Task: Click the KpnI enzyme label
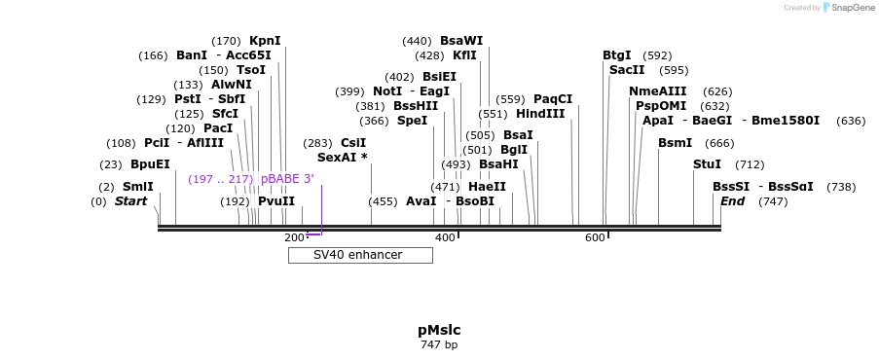[265, 41]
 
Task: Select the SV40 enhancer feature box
[359, 255]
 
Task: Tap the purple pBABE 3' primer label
[287, 179]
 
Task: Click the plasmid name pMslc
[439, 330]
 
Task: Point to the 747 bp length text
[439, 344]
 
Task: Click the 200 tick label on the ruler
[294, 238]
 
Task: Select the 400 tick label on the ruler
[445, 238]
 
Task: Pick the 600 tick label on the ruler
[595, 238]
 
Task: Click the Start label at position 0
[131, 201]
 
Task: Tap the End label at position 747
[732, 201]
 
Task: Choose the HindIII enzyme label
[540, 114]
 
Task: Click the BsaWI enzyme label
[461, 41]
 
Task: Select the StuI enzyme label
[707, 164]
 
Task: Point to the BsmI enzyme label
[675, 143]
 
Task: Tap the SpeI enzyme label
[412, 121]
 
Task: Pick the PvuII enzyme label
[276, 201]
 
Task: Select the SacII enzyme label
[627, 70]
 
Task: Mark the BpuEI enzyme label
[150, 164]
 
